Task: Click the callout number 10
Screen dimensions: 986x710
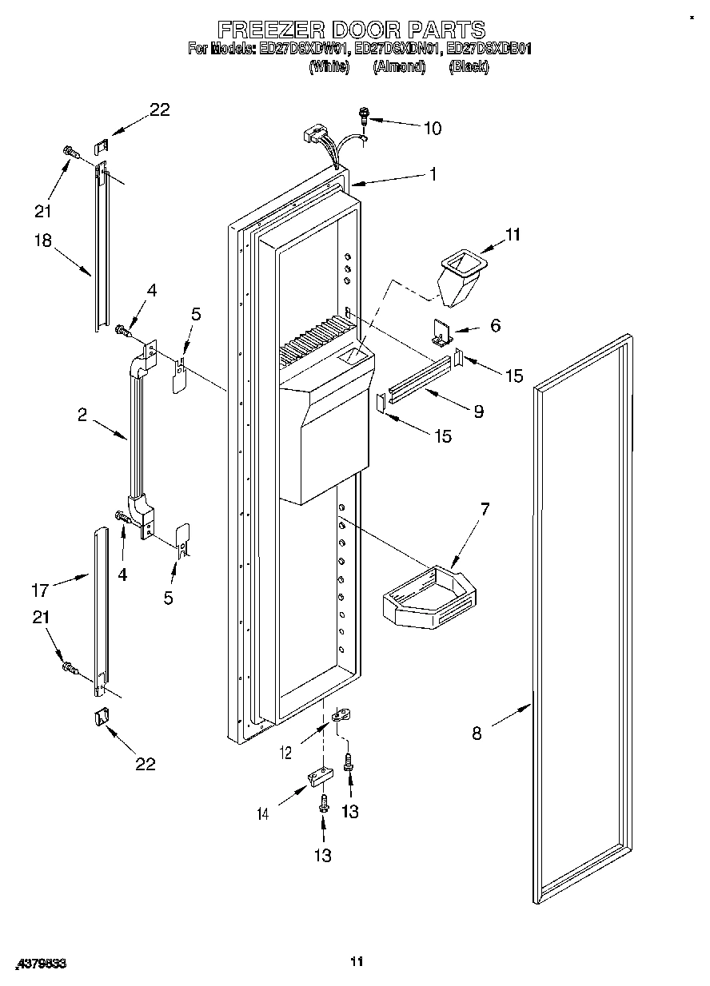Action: [x=432, y=128]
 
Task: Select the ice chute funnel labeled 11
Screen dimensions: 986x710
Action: [x=461, y=276]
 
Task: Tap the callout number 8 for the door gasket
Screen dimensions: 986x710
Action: [x=477, y=734]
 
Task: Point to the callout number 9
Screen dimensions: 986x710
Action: [x=478, y=411]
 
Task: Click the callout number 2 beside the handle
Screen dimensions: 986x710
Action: [x=82, y=414]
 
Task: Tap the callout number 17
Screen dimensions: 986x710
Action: [x=40, y=590]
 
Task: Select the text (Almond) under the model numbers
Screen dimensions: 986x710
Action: [x=398, y=67]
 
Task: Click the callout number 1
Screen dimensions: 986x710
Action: [x=433, y=174]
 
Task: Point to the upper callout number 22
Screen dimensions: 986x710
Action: [x=160, y=110]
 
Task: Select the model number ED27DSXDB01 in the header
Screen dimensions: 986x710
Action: [x=489, y=50]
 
